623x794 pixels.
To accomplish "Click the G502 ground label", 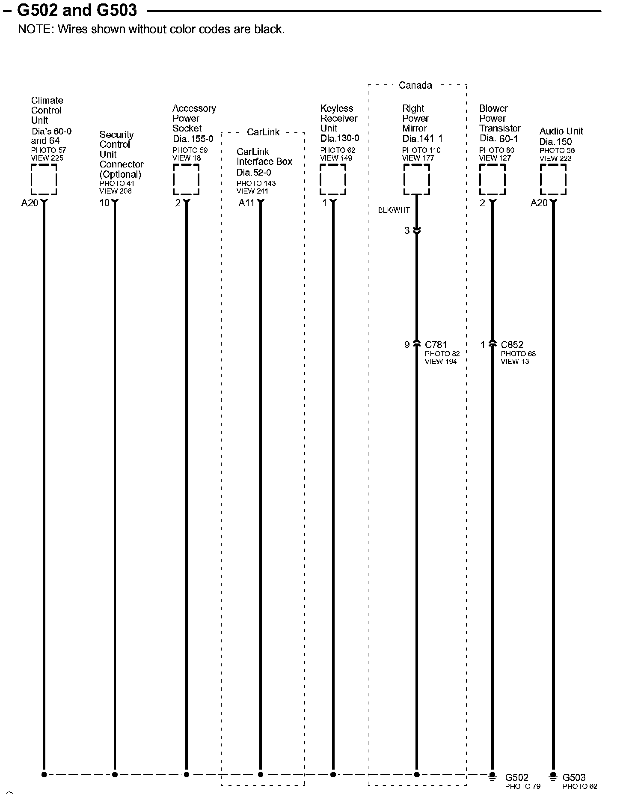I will click(516, 777).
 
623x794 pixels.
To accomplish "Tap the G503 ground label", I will click(574, 777).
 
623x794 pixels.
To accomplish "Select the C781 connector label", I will click(436, 344).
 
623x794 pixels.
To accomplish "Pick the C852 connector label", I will click(512, 344).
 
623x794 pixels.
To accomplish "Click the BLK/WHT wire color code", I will click(394, 210).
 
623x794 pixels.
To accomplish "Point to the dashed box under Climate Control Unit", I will click(44, 179).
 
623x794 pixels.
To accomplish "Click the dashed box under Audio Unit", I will click(553, 179).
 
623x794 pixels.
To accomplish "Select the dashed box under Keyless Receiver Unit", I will click(333, 179).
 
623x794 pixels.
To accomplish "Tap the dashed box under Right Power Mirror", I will click(416, 179).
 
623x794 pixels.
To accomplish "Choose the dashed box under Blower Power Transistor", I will click(492, 179).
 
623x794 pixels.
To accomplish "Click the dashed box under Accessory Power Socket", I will click(186, 179).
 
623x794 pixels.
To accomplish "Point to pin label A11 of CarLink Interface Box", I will click(246, 203).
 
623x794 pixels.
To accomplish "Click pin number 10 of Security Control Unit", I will click(104, 203).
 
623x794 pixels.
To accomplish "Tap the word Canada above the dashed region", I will click(415, 85).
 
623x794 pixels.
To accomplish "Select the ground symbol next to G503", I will click(553, 776).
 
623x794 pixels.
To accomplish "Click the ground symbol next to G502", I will click(492, 776).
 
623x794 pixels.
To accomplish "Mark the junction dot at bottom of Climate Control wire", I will click(44, 774).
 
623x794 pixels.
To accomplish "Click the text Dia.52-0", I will click(253, 173).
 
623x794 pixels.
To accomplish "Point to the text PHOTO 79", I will click(522, 786).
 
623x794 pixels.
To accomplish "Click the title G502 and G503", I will click(77, 10).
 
